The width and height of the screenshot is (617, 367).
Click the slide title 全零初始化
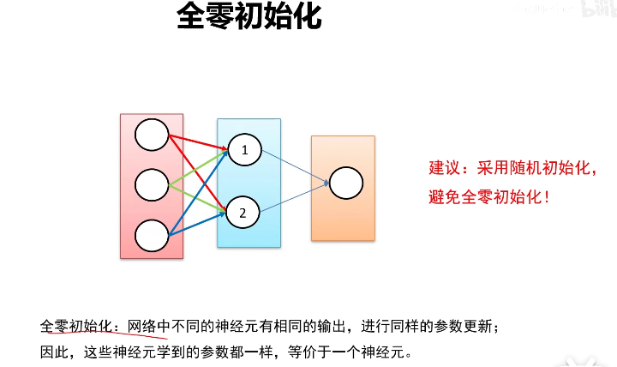coord(249,17)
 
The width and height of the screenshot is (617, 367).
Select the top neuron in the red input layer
coord(152,135)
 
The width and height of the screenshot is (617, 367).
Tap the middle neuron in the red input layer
coord(152,184)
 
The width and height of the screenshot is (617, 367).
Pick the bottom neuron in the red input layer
coord(152,234)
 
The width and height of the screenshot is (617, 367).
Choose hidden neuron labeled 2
coord(243,212)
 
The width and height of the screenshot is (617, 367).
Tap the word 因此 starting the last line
coord(52,351)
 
